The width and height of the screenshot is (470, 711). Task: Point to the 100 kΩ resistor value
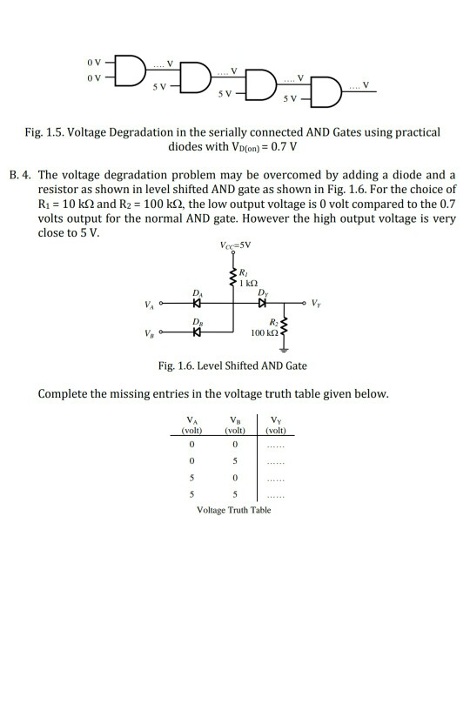pyautogui.click(x=261, y=333)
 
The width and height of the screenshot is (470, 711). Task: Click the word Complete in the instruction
pyautogui.click(x=65, y=394)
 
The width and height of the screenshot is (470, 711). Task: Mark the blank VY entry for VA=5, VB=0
pyautogui.click(x=278, y=480)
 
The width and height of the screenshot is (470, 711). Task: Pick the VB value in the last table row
pyautogui.click(x=233, y=495)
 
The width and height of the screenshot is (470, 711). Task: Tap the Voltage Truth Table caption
pyautogui.click(x=235, y=509)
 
